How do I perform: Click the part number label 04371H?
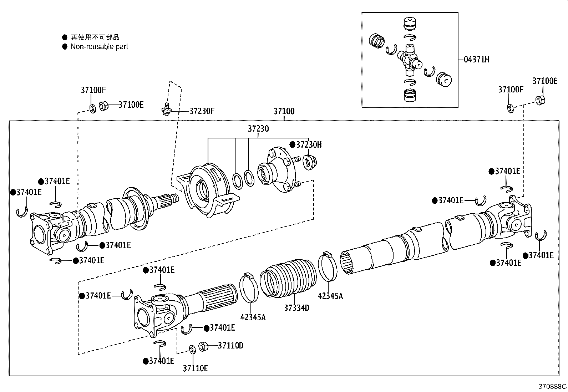(476, 60)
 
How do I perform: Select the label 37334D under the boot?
(296, 307)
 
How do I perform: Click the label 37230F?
(202, 111)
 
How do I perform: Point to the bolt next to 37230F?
(165, 110)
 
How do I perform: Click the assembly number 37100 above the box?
(284, 111)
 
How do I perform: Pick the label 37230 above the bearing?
(258, 129)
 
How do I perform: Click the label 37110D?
(230, 345)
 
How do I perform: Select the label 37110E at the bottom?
(195, 368)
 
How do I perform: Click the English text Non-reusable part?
(99, 46)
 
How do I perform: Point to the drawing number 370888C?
(552, 386)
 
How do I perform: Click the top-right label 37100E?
(544, 81)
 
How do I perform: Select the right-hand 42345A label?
(330, 296)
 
